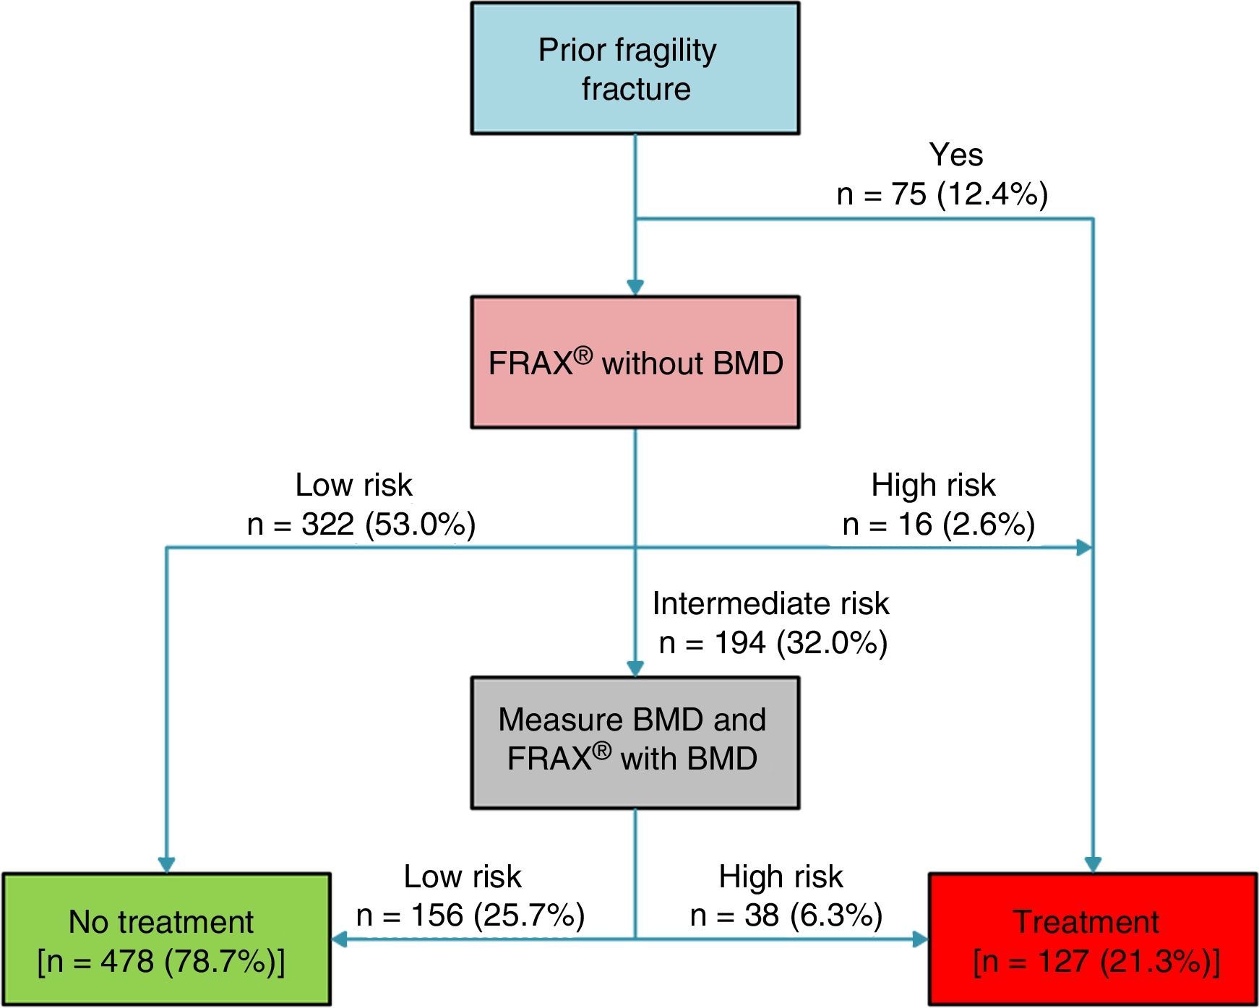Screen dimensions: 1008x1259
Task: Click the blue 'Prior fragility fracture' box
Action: point(635,69)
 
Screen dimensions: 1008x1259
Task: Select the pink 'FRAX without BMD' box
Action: point(635,362)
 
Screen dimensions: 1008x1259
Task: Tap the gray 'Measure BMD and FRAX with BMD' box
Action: point(635,742)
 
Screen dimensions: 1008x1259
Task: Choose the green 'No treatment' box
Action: point(166,939)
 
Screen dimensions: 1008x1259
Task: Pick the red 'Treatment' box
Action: point(1092,939)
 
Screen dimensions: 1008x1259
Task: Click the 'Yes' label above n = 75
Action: point(955,155)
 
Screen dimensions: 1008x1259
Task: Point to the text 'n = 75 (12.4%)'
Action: point(942,194)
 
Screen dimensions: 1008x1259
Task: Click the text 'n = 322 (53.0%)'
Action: point(361,524)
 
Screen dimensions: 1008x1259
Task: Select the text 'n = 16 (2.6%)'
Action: point(938,524)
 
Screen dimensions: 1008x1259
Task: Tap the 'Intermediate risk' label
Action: point(770,603)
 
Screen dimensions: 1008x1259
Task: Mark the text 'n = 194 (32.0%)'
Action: point(773,642)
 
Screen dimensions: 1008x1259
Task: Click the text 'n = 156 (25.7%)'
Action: point(470,915)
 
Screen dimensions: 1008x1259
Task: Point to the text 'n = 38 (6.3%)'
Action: point(786,915)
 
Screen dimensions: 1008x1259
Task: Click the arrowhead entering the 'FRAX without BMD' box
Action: point(635,288)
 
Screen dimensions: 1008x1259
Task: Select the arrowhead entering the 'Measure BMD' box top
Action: point(635,668)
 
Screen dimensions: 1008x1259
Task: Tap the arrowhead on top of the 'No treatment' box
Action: point(166,864)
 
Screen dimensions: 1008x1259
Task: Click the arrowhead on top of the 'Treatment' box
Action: point(1092,864)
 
